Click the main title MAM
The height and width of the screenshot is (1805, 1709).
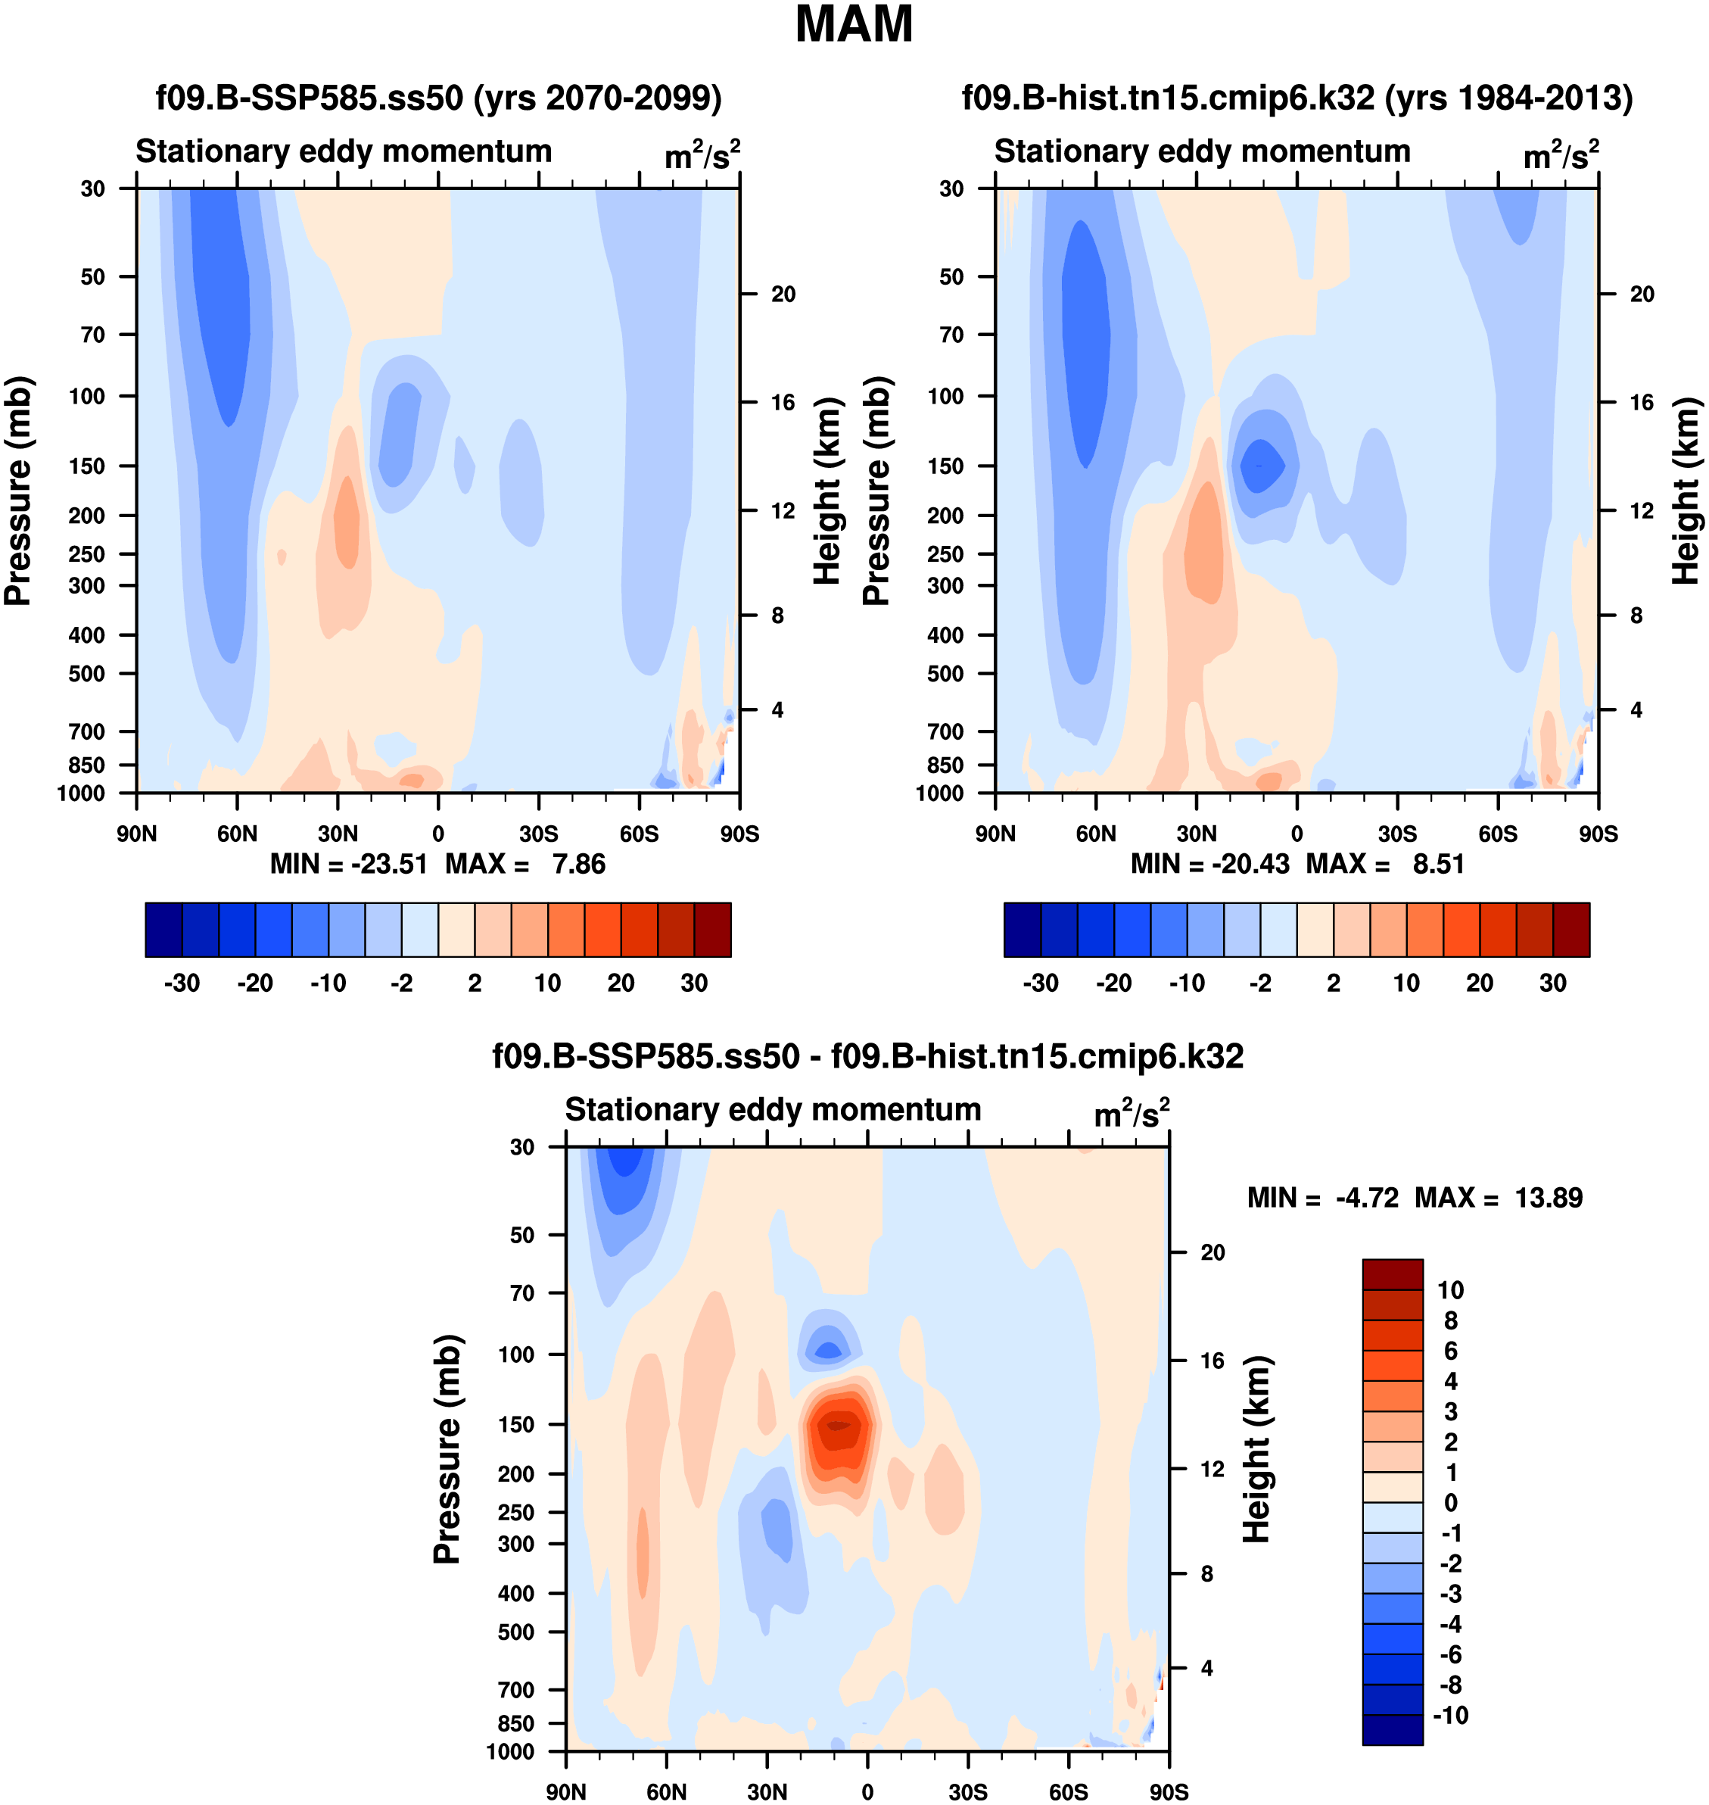pyautogui.click(x=854, y=24)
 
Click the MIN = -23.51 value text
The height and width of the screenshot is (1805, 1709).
pyautogui.click(x=349, y=864)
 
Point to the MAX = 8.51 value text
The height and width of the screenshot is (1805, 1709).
pyautogui.click(x=1385, y=864)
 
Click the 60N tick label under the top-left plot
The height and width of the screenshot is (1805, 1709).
pyautogui.click(x=237, y=834)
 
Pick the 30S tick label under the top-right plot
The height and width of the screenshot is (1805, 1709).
pyautogui.click(x=1396, y=834)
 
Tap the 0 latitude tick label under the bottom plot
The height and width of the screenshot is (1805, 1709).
pyautogui.click(x=867, y=1791)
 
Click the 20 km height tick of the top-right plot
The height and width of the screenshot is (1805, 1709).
pyautogui.click(x=1642, y=295)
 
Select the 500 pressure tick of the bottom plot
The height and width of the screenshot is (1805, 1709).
pyautogui.click(x=515, y=1632)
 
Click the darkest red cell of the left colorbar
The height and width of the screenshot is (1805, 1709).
pyautogui.click(x=712, y=930)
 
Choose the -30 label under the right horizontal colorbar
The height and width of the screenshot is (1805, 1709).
pyautogui.click(x=1041, y=984)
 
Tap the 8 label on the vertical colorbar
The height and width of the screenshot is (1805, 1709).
pyautogui.click(x=1450, y=1320)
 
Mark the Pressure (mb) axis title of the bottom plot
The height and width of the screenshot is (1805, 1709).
pyautogui.click(x=447, y=1448)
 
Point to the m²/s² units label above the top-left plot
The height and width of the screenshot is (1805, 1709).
pyautogui.click(x=702, y=155)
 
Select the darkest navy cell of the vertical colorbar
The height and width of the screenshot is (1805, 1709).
pyautogui.click(x=1392, y=1729)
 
